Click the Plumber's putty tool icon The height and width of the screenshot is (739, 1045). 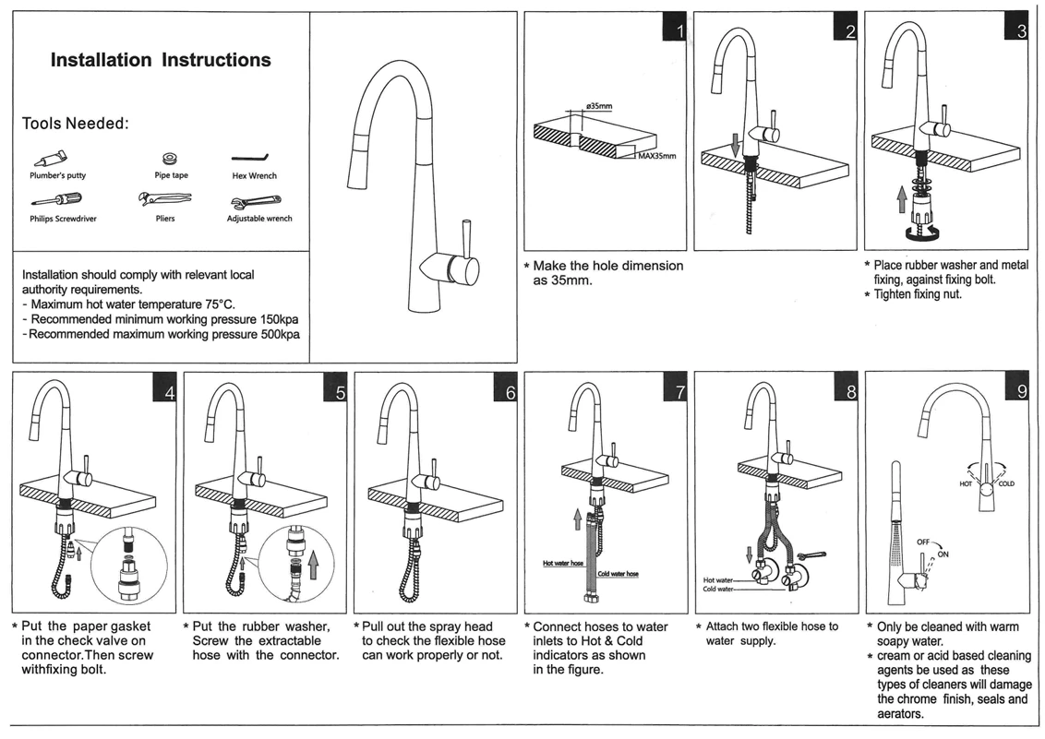[x=51, y=159]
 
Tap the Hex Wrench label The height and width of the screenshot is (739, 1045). [x=254, y=175]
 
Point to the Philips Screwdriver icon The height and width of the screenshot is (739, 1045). [x=57, y=199]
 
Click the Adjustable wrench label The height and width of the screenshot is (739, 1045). [x=259, y=219]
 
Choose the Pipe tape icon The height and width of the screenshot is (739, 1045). [x=170, y=159]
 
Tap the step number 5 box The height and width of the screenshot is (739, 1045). [x=335, y=390]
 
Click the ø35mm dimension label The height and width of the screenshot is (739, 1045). [x=598, y=107]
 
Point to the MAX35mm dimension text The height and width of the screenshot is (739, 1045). [x=656, y=156]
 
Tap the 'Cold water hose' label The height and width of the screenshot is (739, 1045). [x=618, y=574]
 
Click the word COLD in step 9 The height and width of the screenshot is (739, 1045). [x=1006, y=483]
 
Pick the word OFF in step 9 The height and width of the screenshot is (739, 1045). [x=924, y=542]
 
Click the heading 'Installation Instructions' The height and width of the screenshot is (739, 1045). [x=161, y=60]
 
